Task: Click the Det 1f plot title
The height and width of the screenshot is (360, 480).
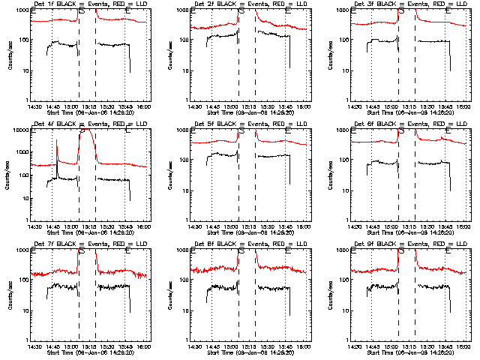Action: (x=86, y=5)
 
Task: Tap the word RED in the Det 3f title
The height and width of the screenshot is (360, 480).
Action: (x=432, y=5)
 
